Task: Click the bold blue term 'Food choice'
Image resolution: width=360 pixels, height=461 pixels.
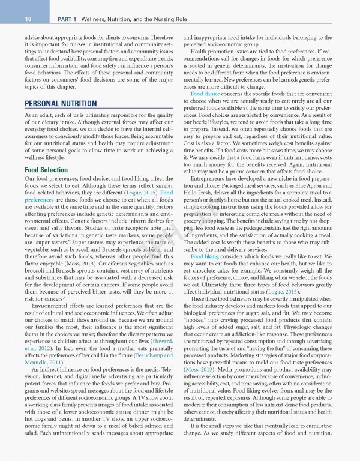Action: (204, 94)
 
